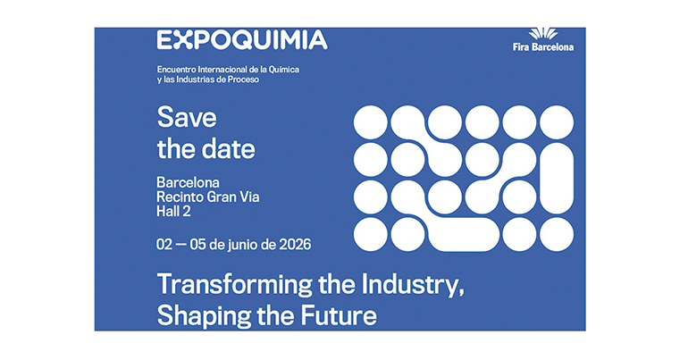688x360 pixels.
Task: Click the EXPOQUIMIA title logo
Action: point(242,40)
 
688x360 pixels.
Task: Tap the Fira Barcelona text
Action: point(543,47)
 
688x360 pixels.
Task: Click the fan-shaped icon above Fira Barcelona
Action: point(543,34)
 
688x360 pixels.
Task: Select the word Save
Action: point(187,117)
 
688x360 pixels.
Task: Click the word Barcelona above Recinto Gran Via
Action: point(188,182)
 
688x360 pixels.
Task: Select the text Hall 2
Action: point(173,212)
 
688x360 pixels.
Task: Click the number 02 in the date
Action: point(164,244)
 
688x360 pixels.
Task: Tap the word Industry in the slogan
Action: point(411,285)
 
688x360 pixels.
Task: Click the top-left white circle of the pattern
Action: point(371,122)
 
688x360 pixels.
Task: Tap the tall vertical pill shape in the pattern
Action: point(557,179)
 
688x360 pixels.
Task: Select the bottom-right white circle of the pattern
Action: point(557,235)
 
